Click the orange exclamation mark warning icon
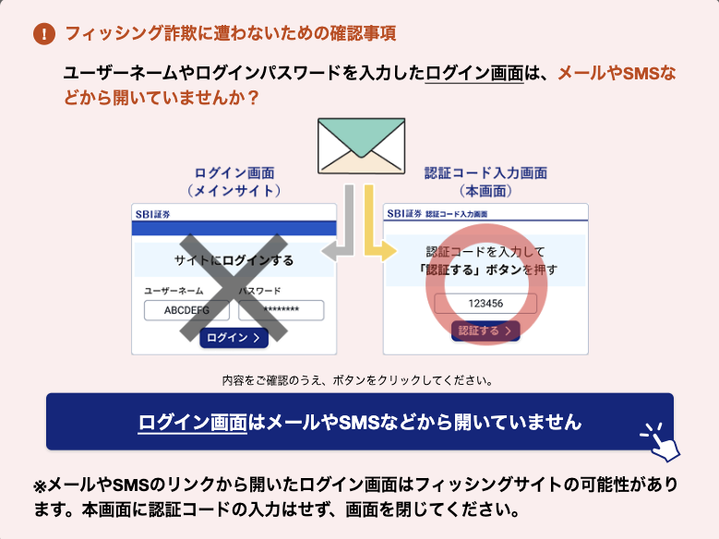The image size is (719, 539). (44, 34)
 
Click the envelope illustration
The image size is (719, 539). (361, 146)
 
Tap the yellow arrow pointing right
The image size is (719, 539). (375, 230)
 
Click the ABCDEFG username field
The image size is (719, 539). (186, 310)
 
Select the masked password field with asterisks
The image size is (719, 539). (282, 310)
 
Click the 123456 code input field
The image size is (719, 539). (485, 304)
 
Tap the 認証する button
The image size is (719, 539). (485, 330)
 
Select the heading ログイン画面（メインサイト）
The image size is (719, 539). (234, 182)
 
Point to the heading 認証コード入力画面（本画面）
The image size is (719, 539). (485, 182)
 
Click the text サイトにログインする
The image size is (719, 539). (234, 260)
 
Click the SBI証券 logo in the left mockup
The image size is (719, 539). (152, 214)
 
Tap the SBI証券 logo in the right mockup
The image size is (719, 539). (404, 214)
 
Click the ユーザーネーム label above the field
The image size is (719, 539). (174, 291)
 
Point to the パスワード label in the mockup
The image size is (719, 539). (259, 291)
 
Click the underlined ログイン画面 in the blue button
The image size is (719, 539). (193, 423)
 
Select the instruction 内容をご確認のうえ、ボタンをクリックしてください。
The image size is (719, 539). (358, 380)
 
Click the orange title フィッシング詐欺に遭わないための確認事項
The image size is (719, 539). (231, 33)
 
